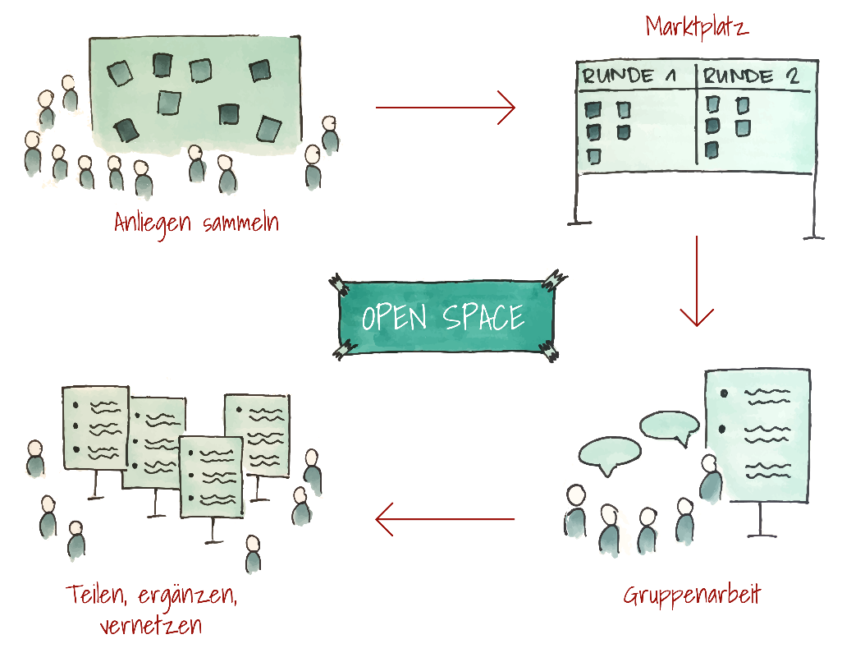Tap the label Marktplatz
696,26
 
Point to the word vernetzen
150,626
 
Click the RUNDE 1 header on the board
629,77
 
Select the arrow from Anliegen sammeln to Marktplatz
445,108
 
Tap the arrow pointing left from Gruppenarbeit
445,519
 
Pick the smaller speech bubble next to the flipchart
669,426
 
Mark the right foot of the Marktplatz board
813,237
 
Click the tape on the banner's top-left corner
336,283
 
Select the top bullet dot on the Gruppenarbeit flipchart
724,393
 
